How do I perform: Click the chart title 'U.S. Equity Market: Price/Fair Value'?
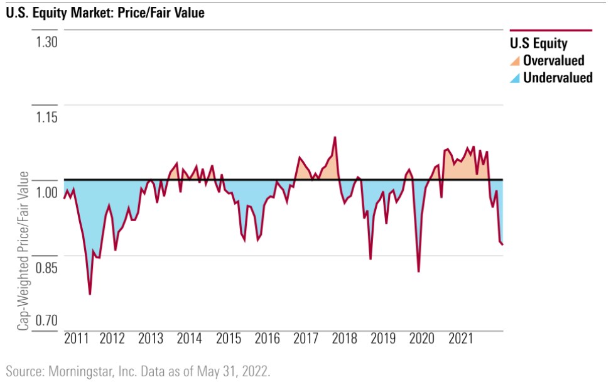coord(105,12)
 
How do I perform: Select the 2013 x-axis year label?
coord(151,339)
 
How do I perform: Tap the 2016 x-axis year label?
coord(268,339)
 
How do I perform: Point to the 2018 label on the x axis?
coord(344,339)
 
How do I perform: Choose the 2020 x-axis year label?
coord(422,339)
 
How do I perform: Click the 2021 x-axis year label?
coord(461,339)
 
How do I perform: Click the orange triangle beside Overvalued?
coord(515,61)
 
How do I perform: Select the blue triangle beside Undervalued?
coord(515,79)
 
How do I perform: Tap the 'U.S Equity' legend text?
coord(538,44)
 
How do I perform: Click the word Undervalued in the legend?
coord(558,78)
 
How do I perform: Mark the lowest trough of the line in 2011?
coord(90,294)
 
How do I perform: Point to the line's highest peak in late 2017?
coord(335,137)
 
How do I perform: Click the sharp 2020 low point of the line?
coord(418,271)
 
